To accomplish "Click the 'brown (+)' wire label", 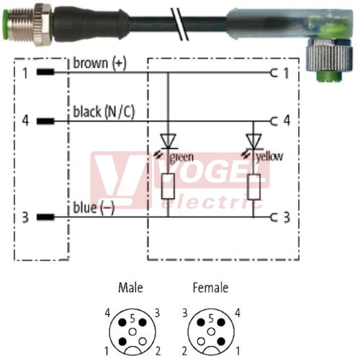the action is [99, 63].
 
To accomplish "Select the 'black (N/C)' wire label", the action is [104, 112].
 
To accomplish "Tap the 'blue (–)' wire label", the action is [94, 208].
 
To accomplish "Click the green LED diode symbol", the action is [168, 141].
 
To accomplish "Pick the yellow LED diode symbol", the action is [253, 141].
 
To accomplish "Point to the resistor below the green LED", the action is [168, 186].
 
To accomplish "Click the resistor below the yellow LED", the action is [253, 187].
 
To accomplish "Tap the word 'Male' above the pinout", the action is [131, 288].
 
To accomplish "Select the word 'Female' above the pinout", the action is [210, 288].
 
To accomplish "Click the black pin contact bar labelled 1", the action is [45, 72].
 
